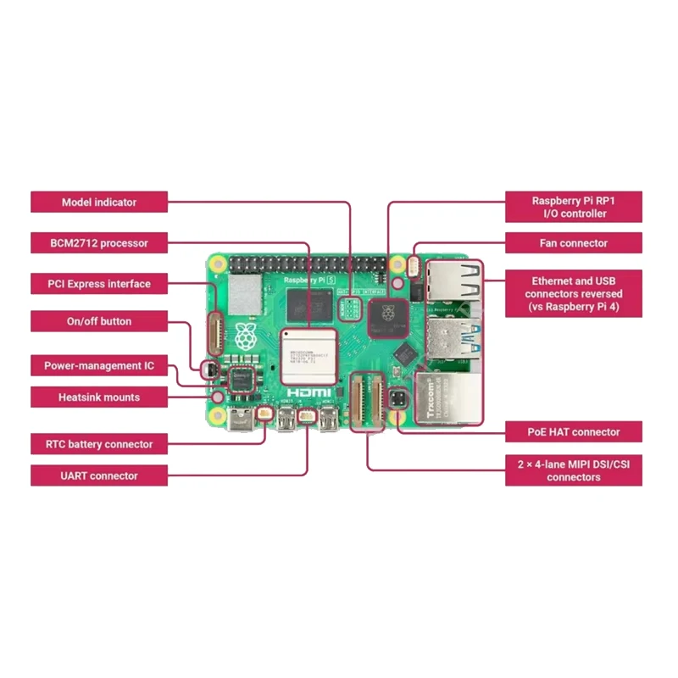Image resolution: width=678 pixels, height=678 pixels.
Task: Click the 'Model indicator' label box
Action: pos(99,203)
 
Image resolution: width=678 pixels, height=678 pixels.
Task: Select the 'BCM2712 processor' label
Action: pos(99,243)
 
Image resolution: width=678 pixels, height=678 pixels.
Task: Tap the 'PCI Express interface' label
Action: pos(99,284)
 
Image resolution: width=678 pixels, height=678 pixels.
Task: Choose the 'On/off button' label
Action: pos(99,322)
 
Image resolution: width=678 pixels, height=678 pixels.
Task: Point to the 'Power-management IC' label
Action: pos(99,367)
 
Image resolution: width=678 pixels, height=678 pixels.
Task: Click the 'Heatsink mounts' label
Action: pos(99,397)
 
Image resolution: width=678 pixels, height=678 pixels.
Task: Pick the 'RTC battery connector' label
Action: pos(99,444)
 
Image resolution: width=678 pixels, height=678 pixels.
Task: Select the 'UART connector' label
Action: pos(99,475)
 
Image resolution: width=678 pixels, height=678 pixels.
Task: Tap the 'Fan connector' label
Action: pos(573,243)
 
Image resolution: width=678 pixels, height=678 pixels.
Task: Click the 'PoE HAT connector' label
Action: pos(573,432)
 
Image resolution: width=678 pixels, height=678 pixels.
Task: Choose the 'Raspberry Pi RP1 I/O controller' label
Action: pos(573,208)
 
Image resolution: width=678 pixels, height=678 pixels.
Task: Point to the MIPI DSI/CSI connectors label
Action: pos(573,470)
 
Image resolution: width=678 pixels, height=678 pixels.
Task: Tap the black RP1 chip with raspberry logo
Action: pos(388,315)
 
